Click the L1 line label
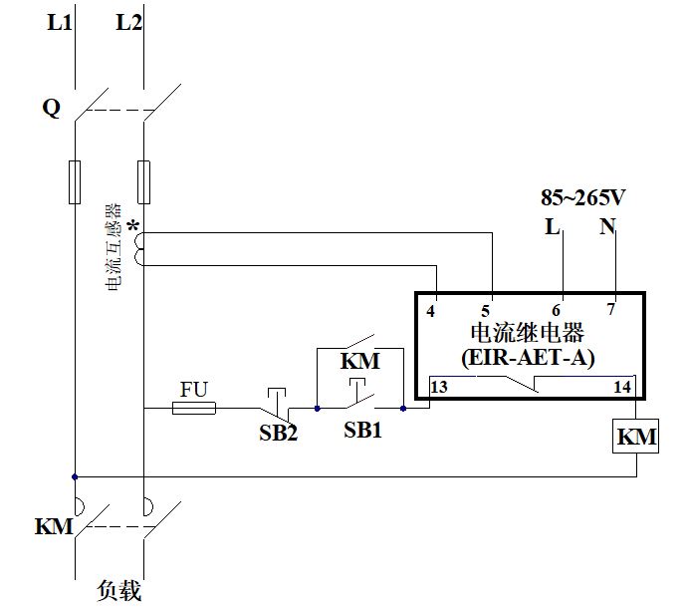(x=60, y=21)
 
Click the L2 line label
(x=129, y=21)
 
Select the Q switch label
(x=51, y=108)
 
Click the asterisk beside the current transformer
(x=132, y=226)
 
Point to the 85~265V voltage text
(x=582, y=196)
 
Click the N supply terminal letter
(x=607, y=226)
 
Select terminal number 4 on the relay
(x=431, y=310)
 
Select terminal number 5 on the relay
(x=488, y=310)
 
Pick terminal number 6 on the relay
(x=559, y=310)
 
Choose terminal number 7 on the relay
(x=612, y=310)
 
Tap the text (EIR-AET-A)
(x=528, y=356)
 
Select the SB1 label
(x=364, y=430)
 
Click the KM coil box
(x=636, y=437)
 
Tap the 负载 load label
(x=118, y=590)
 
